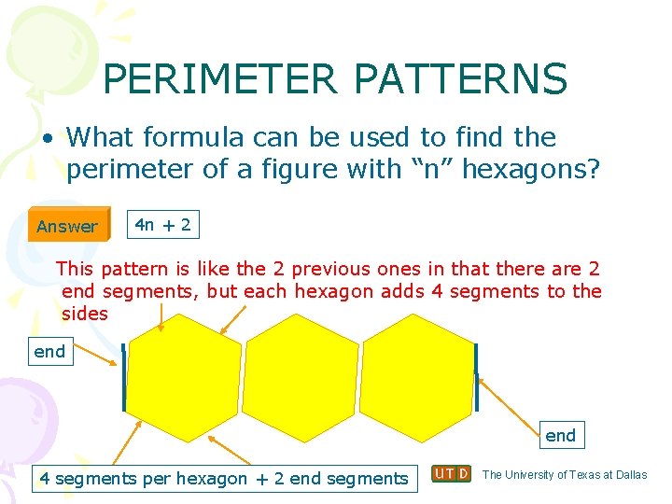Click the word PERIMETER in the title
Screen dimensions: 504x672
coord(219,79)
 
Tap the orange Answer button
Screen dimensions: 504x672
coord(67,226)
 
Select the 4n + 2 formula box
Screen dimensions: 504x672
coord(162,224)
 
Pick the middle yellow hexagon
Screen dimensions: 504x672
coord(301,377)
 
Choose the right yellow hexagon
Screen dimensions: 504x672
coord(417,377)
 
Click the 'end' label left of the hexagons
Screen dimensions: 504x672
coord(49,352)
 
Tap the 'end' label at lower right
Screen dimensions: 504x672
coord(560,435)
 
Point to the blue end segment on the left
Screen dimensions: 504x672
coord(123,378)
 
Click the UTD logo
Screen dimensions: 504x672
coord(451,474)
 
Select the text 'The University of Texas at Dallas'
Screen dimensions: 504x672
coord(565,474)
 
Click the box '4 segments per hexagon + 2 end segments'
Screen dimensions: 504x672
coord(223,479)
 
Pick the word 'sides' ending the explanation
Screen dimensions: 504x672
coord(85,314)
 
